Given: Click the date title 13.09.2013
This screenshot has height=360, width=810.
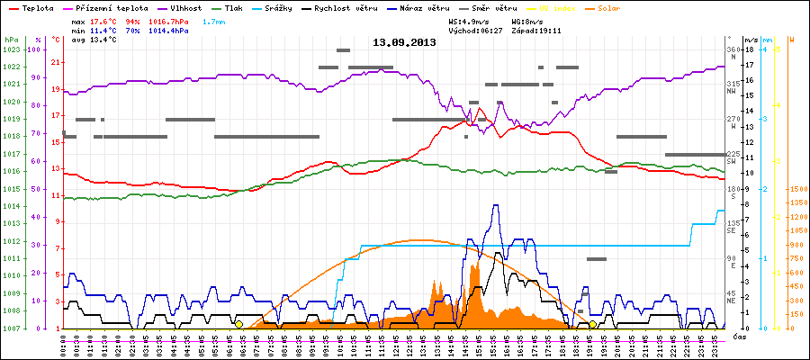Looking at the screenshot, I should point(404,42).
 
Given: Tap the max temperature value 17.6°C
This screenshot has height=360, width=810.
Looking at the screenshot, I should point(106,19).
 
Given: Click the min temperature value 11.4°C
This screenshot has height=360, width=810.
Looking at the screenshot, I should point(106,29).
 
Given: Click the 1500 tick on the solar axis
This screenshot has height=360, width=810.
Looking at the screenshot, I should point(798,190).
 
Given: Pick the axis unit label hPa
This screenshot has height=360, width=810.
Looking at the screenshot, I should point(11,40).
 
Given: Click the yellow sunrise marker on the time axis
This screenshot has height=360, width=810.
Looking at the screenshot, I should point(238,324).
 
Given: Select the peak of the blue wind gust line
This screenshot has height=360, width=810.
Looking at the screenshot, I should point(495,205).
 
